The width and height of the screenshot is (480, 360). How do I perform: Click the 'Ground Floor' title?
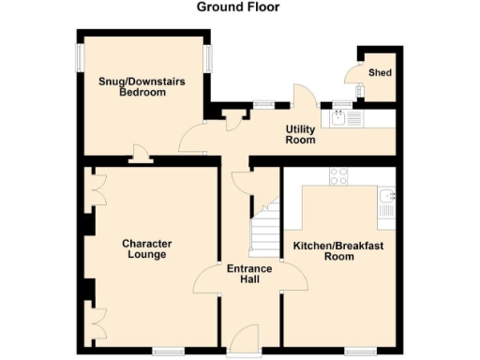pyautogui.click(x=238, y=7)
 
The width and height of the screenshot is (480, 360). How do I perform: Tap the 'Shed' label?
pyautogui.click(x=380, y=72)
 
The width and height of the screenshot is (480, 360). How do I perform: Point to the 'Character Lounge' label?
pyautogui.click(x=145, y=249)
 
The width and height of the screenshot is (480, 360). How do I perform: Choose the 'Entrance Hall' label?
pyautogui.click(x=249, y=274)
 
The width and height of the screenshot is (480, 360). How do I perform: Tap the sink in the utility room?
pyautogui.click(x=339, y=117)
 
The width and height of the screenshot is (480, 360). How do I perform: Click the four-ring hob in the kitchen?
pyautogui.click(x=339, y=175)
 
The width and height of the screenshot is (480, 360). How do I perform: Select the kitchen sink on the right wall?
pyautogui.click(x=386, y=201)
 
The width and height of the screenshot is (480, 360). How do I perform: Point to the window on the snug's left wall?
pyautogui.click(x=78, y=56)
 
